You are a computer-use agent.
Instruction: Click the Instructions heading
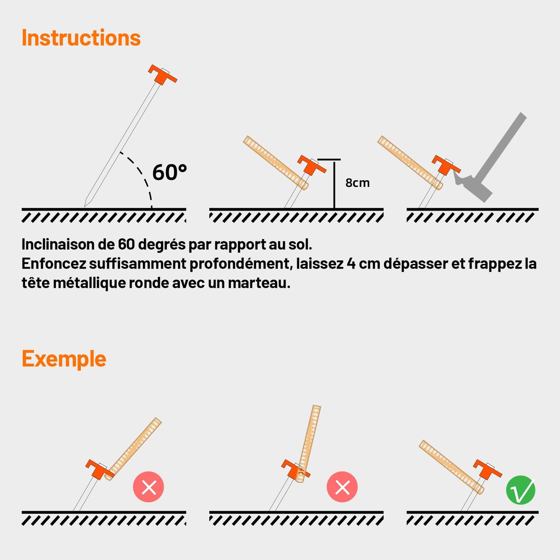point(81,38)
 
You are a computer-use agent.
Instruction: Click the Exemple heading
point(64,360)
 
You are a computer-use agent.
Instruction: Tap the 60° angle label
point(170,172)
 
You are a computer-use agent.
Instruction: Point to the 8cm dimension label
point(357,183)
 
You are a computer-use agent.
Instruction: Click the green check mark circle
point(520,490)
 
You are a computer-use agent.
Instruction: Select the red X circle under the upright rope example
point(342,487)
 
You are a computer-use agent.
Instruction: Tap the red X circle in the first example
point(148,487)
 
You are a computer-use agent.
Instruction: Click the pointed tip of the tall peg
point(84,207)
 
